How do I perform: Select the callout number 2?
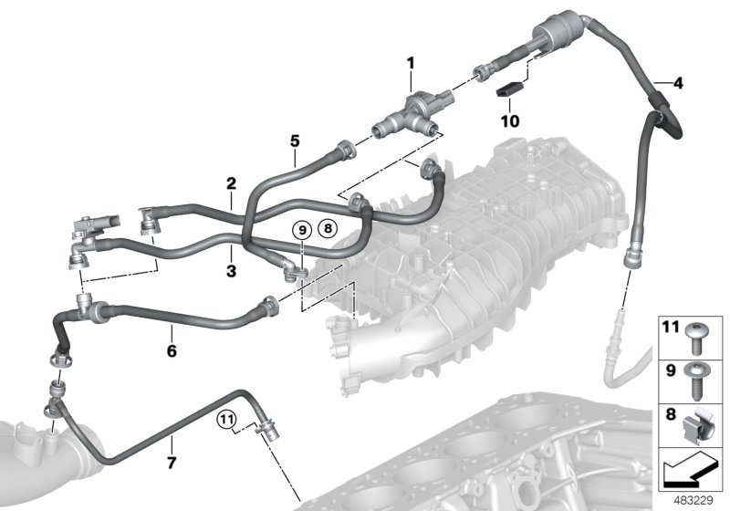tap(232, 183)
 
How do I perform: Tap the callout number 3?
tap(232, 271)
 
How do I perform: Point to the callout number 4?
tap(677, 85)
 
